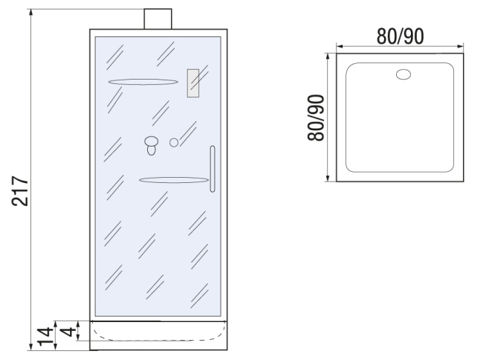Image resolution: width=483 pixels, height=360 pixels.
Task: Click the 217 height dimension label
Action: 20,191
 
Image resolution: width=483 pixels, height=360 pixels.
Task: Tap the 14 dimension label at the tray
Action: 45,337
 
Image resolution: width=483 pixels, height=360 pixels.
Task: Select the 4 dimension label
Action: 68,332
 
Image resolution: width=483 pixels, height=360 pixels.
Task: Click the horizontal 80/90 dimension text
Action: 400,36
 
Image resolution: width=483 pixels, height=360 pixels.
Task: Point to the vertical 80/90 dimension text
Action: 316,118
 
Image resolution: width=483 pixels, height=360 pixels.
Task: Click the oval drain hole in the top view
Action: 403,74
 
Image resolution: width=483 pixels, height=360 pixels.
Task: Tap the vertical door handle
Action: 213,169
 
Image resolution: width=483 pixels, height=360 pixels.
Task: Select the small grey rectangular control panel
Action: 193,83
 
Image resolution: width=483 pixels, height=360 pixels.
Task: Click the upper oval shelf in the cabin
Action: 143,82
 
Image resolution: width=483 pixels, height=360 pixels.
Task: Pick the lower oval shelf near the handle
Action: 174,180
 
